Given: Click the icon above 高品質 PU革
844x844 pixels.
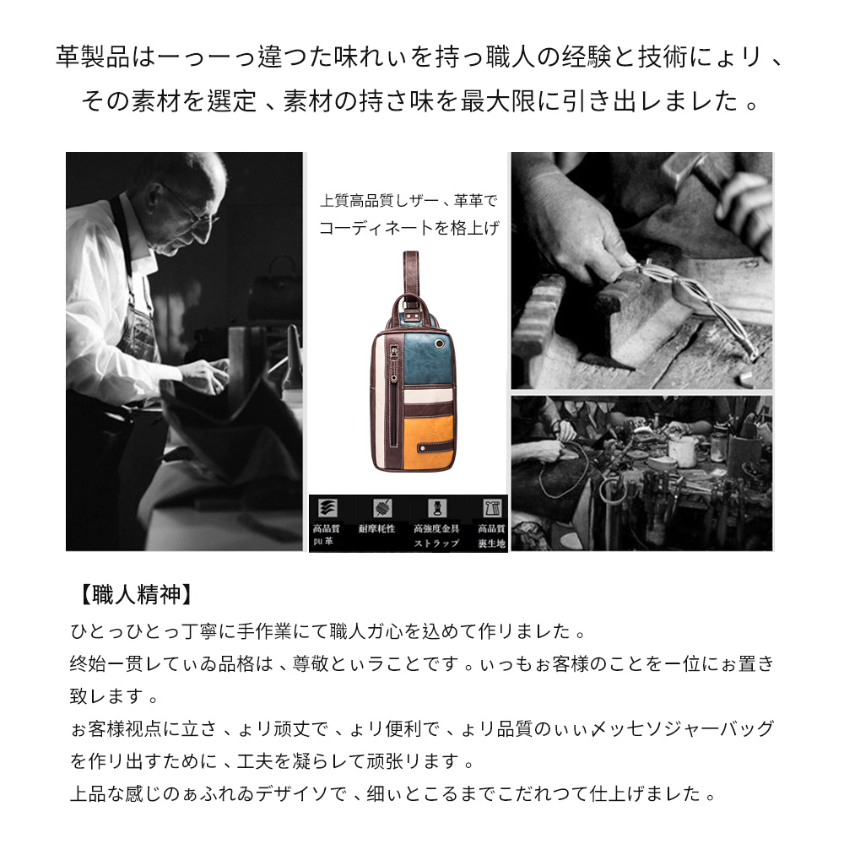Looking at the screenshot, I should click(x=326, y=508).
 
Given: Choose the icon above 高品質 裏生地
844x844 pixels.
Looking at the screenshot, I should click(x=490, y=508).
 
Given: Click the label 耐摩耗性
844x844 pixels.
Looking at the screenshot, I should click(x=376, y=528).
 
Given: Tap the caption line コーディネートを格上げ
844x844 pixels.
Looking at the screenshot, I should click(x=408, y=227).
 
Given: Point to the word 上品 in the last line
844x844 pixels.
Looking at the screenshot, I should click(x=88, y=793).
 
